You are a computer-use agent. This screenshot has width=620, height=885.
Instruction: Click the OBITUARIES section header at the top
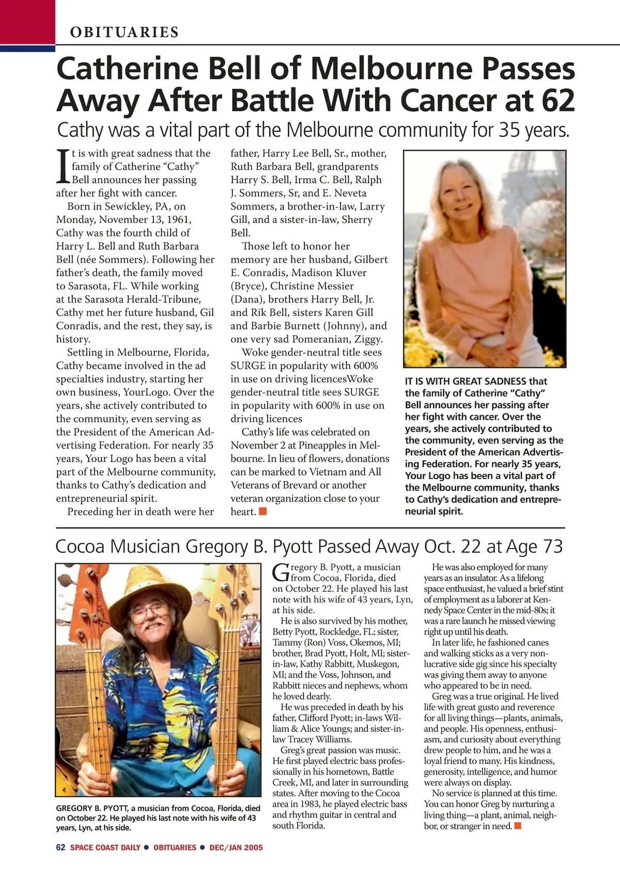pos(125,32)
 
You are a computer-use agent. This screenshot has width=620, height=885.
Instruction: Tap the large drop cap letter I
pos(63,166)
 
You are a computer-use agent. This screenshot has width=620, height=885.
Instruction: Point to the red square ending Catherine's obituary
pos(263,511)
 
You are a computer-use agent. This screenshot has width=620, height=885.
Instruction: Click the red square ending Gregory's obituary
pos(518,826)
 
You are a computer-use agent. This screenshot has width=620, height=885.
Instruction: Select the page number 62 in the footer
pos(60,847)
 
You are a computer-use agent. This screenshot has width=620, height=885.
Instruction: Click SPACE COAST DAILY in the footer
pos(105,847)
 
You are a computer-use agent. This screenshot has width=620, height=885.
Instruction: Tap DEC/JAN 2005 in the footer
pos(236,847)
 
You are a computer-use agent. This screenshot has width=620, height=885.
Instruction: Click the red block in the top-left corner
pos(27,23)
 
